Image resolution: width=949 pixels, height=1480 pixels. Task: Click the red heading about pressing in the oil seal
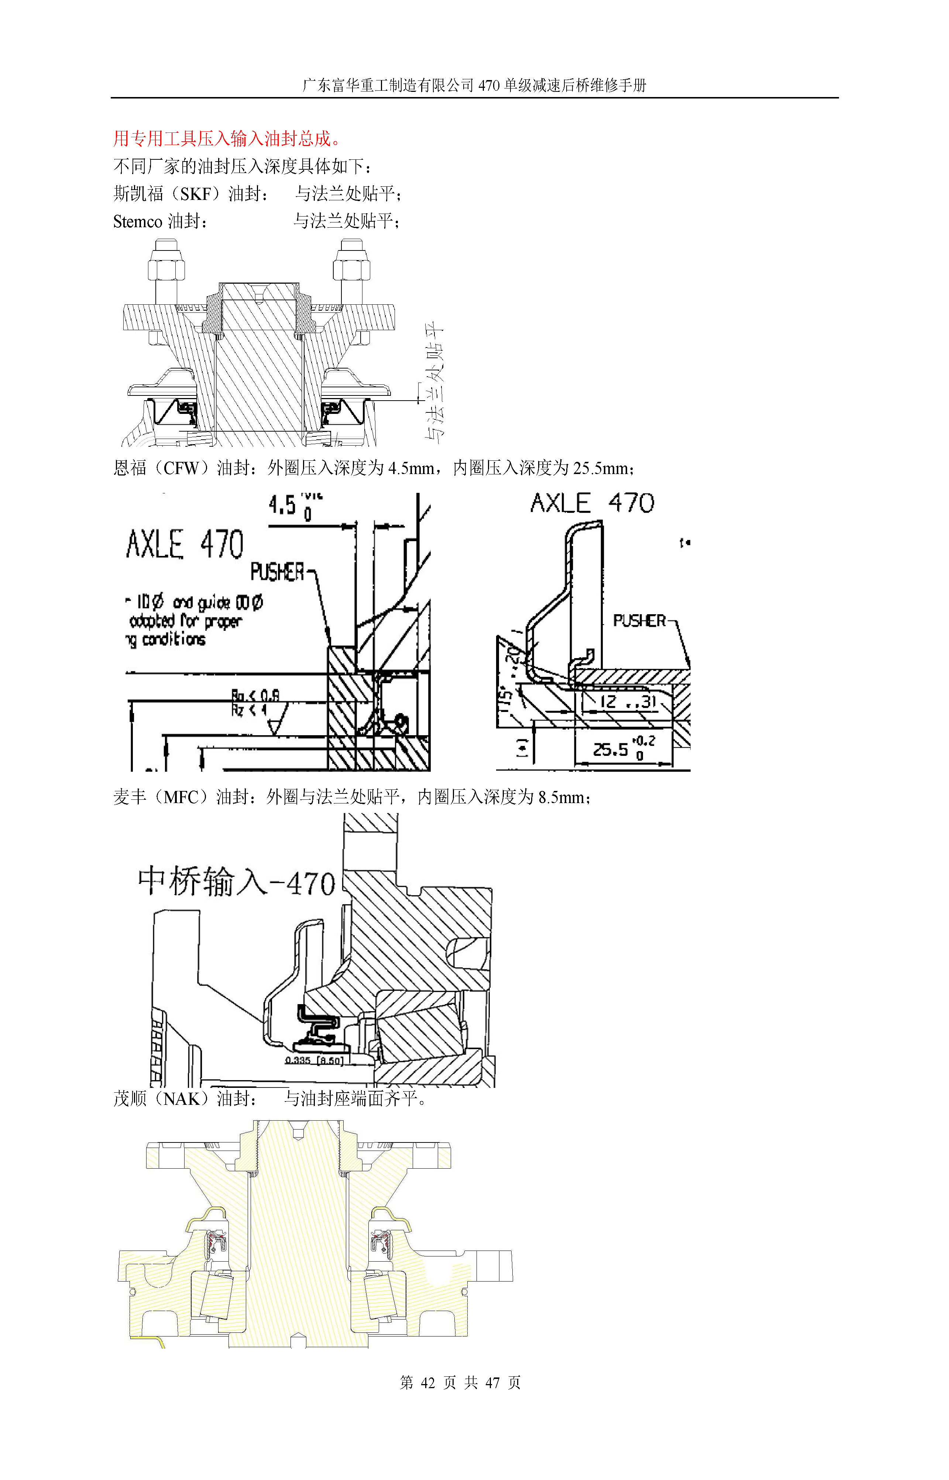tap(227, 139)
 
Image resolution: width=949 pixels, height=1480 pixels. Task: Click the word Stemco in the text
tap(137, 221)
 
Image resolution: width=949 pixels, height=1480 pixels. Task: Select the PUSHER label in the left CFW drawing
tap(277, 572)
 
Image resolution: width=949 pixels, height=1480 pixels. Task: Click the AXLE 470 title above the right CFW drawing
tap(592, 503)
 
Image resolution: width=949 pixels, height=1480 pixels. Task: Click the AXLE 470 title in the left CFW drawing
tap(185, 544)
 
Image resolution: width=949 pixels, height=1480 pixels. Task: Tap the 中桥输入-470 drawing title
tap(236, 881)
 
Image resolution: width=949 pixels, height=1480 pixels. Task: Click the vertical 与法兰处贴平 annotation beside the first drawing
tap(434, 382)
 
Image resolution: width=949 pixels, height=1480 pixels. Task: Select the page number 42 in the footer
tap(428, 1383)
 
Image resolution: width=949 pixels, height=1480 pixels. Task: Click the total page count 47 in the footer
tap(492, 1383)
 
